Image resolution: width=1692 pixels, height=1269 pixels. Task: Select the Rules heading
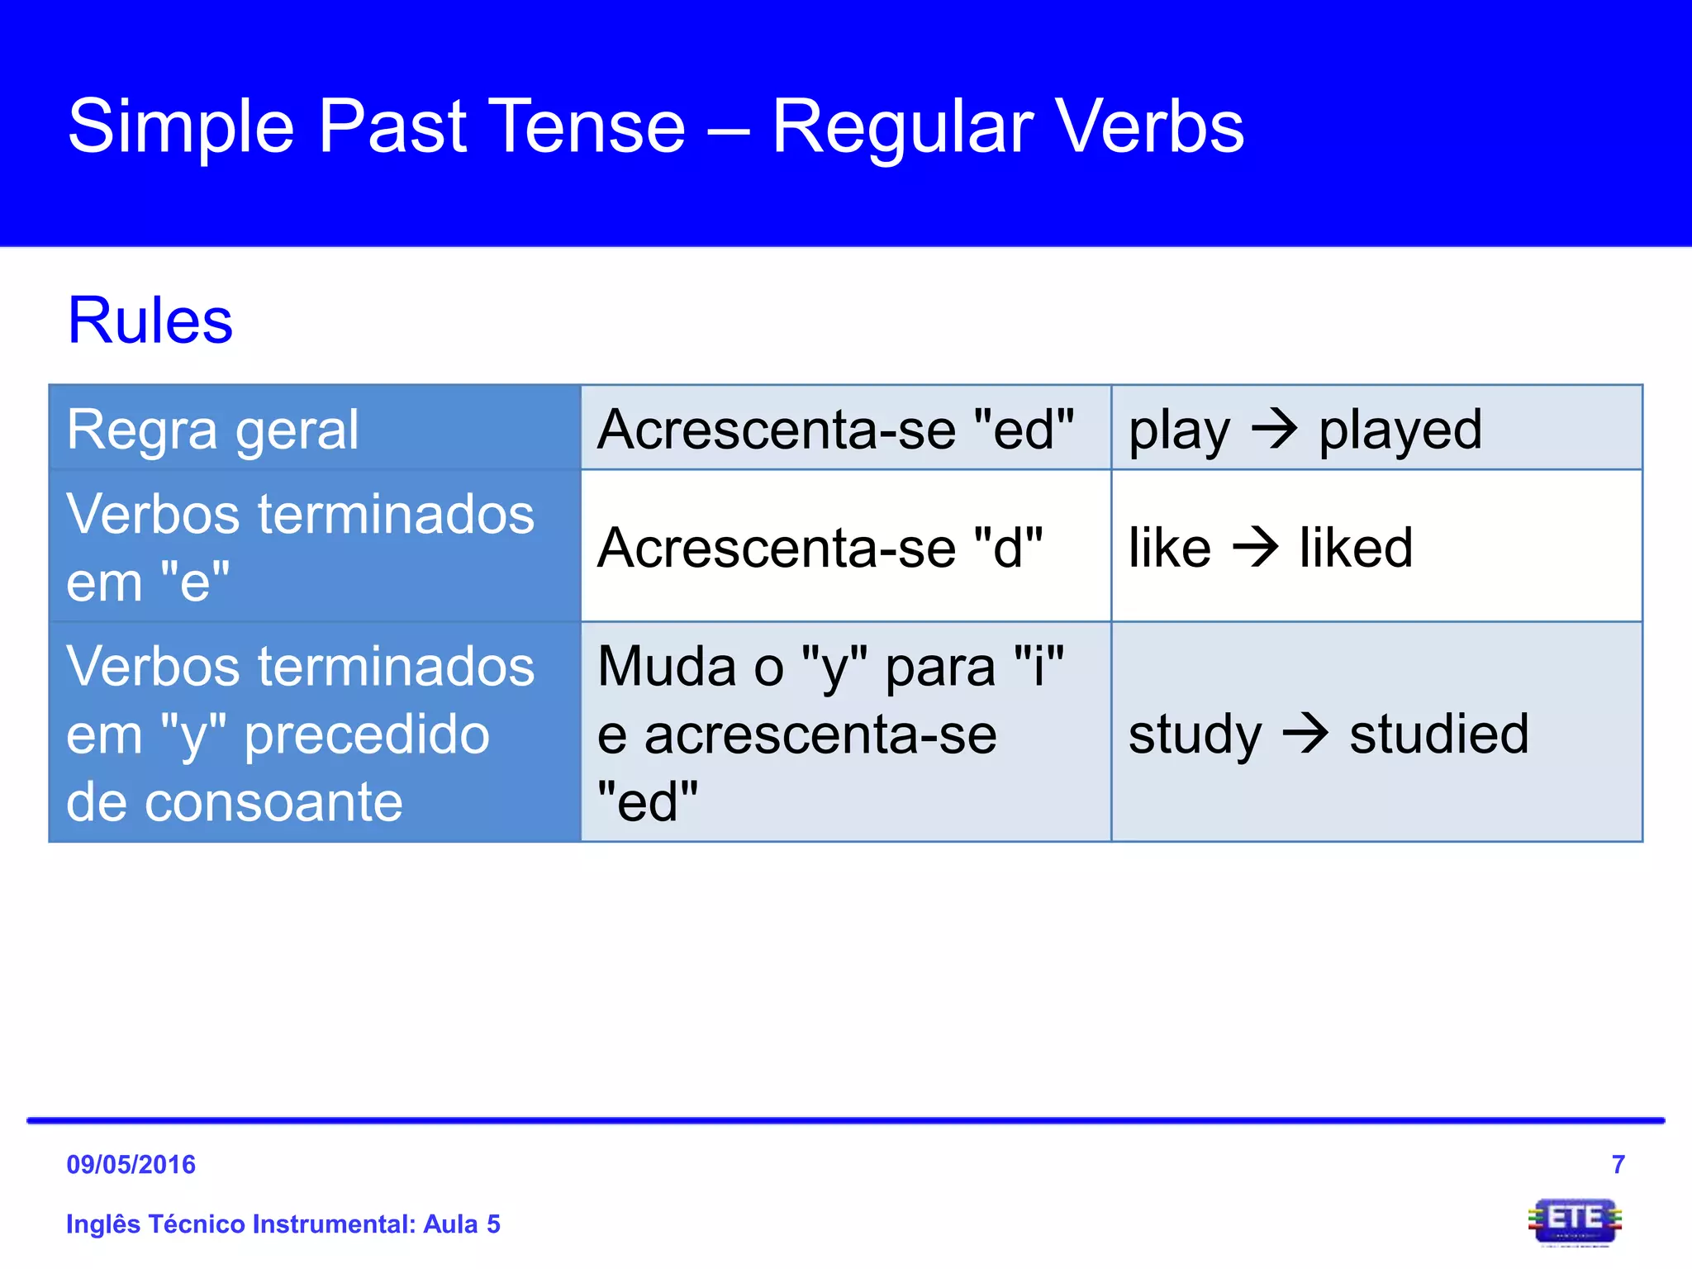[x=150, y=321]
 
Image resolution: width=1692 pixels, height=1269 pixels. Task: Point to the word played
[x=1400, y=430]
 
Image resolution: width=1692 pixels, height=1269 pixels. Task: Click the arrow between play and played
[x=1274, y=429]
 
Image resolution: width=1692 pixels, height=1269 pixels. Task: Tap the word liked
[x=1355, y=548]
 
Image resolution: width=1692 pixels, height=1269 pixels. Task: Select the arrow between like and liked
[x=1255, y=547]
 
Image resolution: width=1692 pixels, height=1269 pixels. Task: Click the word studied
[x=1438, y=733]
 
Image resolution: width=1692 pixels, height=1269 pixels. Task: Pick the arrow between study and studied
[x=1305, y=732]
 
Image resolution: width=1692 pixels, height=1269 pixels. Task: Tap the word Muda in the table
[x=668, y=666]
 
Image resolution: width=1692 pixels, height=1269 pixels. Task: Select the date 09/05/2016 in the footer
[x=131, y=1164]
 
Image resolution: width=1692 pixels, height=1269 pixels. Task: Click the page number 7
[x=1618, y=1164]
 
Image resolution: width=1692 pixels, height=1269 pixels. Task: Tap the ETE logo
[x=1574, y=1221]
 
